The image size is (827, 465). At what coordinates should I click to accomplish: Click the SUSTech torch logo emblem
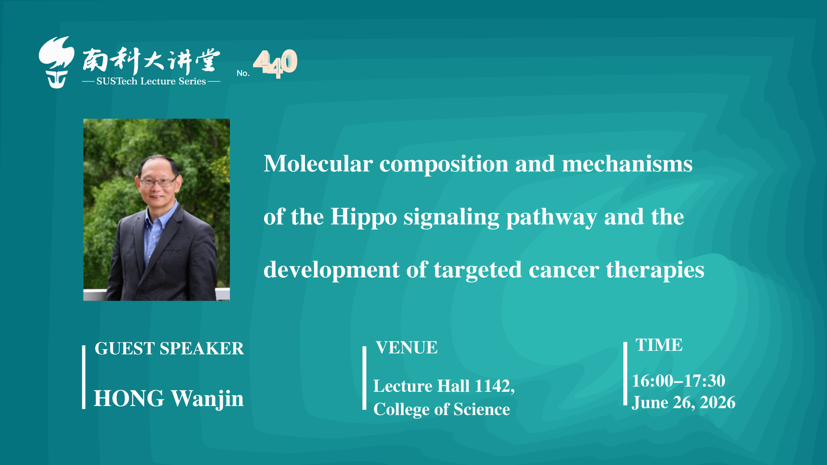[x=56, y=62]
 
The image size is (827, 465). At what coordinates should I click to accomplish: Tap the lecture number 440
[x=275, y=63]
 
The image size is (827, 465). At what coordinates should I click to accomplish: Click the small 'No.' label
[x=243, y=73]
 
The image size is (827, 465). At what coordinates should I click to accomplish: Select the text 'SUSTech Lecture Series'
[x=151, y=81]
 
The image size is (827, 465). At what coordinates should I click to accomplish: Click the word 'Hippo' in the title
[x=364, y=217]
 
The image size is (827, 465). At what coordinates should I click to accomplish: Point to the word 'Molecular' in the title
[x=318, y=164]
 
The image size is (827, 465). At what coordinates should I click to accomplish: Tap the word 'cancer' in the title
[x=564, y=270]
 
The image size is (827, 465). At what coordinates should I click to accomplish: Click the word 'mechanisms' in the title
[x=627, y=164]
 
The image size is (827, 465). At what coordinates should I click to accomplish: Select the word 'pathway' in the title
[x=552, y=217]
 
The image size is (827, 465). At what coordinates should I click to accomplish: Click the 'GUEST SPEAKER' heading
[x=169, y=348]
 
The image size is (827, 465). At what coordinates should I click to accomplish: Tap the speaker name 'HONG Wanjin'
[x=169, y=399]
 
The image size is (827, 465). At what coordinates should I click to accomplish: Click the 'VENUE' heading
[x=407, y=347]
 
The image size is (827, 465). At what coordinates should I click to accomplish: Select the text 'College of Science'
[x=441, y=409]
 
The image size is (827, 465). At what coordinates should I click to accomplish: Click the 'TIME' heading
[x=659, y=345]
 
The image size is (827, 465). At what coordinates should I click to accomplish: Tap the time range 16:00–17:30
[x=679, y=381]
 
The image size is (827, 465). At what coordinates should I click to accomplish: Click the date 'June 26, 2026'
[x=684, y=403]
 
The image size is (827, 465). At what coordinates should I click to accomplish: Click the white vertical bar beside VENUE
[x=364, y=378]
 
